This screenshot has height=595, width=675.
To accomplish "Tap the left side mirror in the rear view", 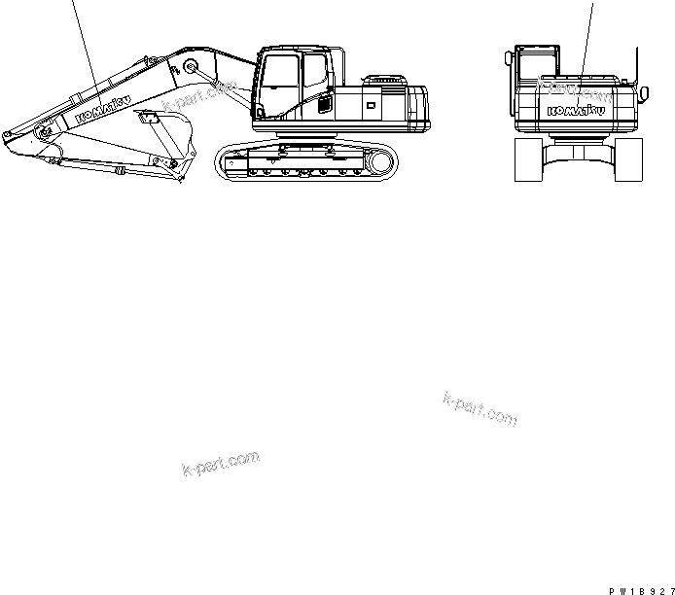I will point(508,61).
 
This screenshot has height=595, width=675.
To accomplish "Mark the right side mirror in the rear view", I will point(643,94).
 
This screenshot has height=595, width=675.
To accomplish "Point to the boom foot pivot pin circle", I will point(191,66).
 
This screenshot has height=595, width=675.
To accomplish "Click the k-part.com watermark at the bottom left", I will point(221,464).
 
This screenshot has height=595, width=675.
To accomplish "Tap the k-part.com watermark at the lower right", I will point(479,408).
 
